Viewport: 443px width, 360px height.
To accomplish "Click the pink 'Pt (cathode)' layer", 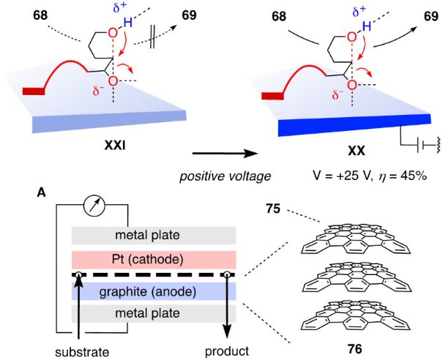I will pyautogui.click(x=153, y=259).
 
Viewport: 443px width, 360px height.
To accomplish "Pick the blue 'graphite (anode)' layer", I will pyautogui.click(x=153, y=293).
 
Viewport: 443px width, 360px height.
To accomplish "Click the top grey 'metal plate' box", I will pyautogui.click(x=153, y=236).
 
